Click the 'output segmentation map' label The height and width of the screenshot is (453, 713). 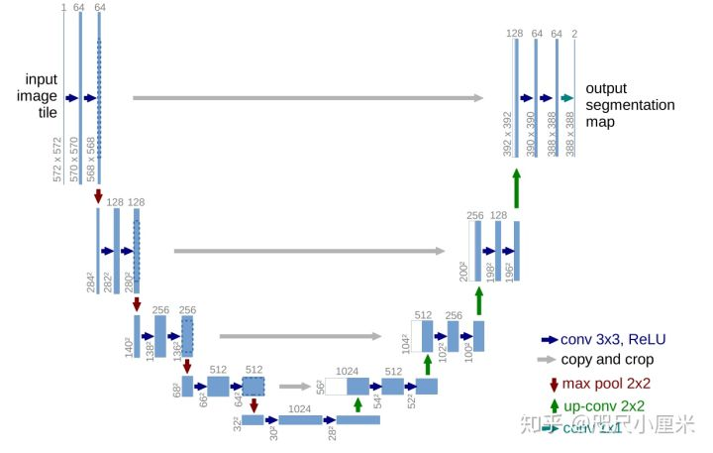630,105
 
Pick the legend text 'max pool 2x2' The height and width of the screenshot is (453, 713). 606,384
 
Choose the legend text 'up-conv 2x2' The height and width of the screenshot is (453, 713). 604,405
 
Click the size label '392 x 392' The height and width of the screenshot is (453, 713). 508,135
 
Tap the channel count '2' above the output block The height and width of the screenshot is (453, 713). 575,35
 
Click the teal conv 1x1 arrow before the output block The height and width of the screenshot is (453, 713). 566,97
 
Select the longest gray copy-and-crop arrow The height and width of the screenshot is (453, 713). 308,97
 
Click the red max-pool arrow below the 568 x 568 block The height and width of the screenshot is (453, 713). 98,197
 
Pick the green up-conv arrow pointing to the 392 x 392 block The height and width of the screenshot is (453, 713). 516,187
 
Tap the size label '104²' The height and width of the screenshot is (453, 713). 405,343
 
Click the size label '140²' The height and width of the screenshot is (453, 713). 129,348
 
